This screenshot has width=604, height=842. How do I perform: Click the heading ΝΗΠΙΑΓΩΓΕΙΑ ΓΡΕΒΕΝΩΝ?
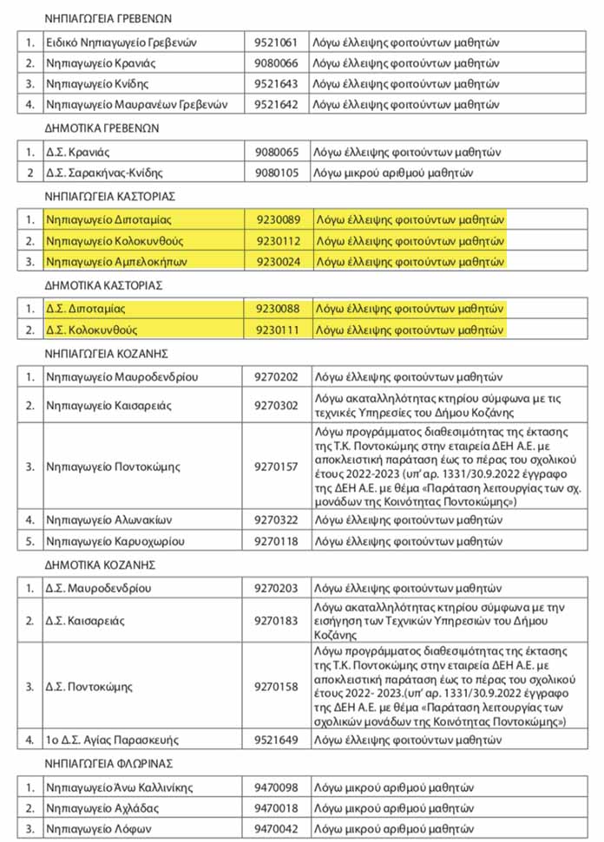pyautogui.click(x=108, y=17)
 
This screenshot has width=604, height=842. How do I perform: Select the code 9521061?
pyautogui.click(x=276, y=42)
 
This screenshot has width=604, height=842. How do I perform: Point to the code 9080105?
pyautogui.click(x=276, y=173)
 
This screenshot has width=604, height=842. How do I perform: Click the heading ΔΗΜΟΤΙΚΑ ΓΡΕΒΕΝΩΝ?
pyautogui.click(x=101, y=128)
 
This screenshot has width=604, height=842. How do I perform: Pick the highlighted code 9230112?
pyautogui.click(x=276, y=240)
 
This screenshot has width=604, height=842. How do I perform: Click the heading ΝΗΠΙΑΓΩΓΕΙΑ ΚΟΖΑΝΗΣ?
pyautogui.click(x=105, y=353)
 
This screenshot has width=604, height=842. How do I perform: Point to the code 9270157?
pyautogui.click(x=276, y=467)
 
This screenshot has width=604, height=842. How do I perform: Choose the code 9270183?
pyautogui.click(x=276, y=621)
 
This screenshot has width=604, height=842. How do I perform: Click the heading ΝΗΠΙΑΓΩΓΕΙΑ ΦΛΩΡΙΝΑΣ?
pyautogui.click(x=108, y=763)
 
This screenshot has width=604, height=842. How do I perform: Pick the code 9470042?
pyautogui.click(x=276, y=829)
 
